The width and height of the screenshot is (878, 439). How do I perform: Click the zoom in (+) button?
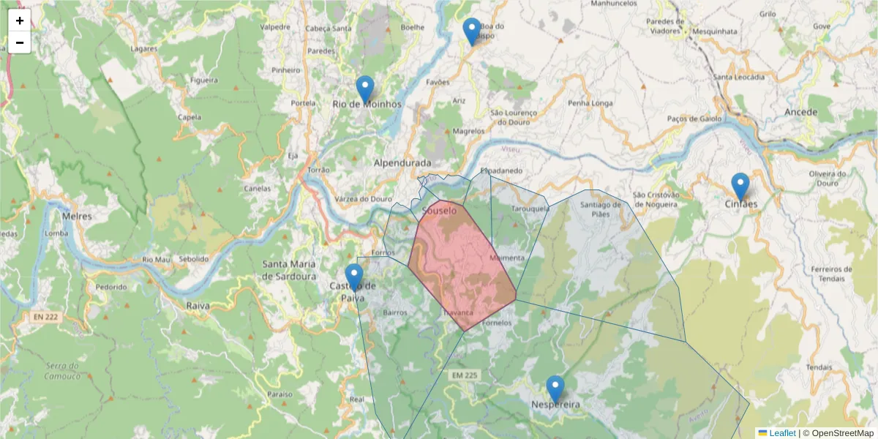coord(20,20)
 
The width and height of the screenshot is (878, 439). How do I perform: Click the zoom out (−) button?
coord(20,42)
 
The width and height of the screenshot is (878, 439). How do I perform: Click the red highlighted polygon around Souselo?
coord(461,263)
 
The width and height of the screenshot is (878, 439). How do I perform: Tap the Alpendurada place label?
coord(402,162)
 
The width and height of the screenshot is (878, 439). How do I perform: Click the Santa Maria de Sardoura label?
coord(290,269)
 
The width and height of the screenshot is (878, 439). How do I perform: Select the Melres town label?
coord(76,217)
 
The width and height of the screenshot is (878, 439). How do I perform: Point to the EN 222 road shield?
coord(45,317)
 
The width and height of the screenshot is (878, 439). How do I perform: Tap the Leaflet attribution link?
coord(782,433)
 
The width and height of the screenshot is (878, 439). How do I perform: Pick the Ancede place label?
coord(800,112)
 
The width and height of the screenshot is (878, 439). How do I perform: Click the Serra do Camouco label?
coord(62,371)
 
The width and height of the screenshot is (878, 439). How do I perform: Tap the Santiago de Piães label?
coord(595,209)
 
